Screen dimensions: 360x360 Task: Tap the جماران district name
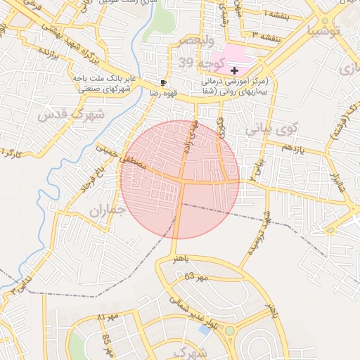107,209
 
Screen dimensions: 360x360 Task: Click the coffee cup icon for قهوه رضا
164,82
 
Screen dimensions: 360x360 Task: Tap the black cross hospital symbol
234,70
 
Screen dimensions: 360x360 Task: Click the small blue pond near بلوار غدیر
205,329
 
